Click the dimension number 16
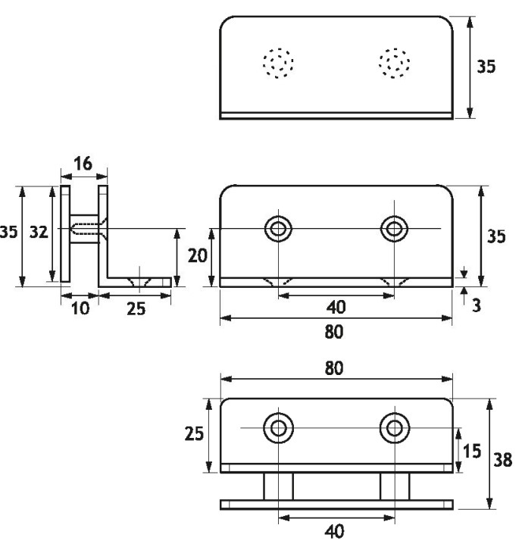[x=83, y=163]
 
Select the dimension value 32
[x=39, y=232]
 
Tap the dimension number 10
[x=80, y=308]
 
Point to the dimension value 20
[x=198, y=256]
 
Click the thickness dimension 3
[x=477, y=305]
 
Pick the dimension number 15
[x=472, y=451]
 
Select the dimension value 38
[x=503, y=459]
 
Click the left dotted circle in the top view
[x=278, y=63]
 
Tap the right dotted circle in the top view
[x=394, y=63]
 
